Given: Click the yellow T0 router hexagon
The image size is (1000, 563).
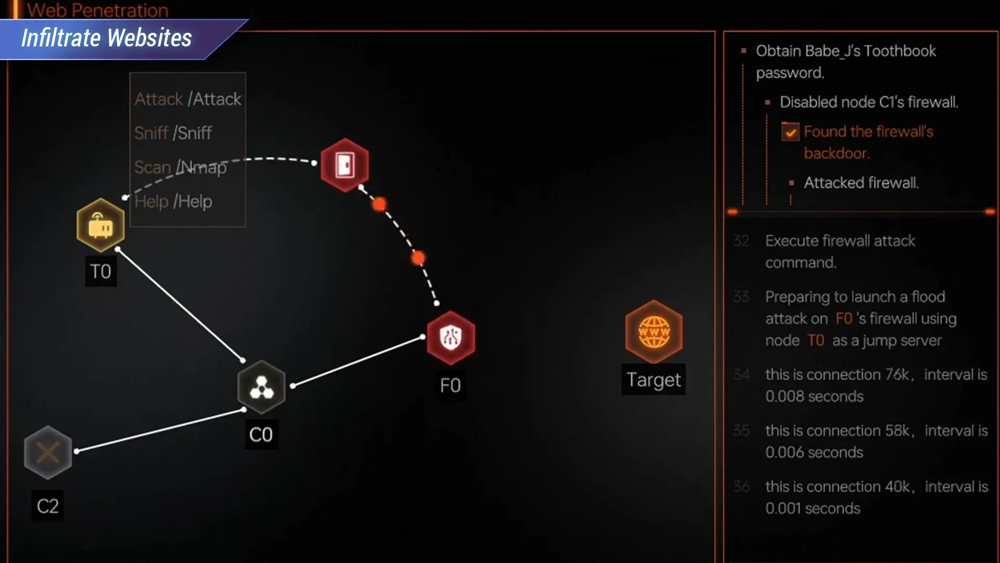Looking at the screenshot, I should click(101, 225).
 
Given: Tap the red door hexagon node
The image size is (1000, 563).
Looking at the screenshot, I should click(345, 165).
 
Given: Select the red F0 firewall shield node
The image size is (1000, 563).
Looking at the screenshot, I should click(451, 338).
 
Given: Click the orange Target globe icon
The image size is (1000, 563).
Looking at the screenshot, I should click(654, 332).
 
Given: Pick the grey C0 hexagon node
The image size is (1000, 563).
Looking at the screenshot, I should click(261, 387).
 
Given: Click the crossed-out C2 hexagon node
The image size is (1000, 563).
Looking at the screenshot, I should click(48, 452).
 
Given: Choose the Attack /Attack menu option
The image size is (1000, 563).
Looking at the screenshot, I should click(187, 99).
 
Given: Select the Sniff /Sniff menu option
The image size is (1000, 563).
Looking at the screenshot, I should click(173, 133).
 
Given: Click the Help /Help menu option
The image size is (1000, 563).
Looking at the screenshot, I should click(173, 201).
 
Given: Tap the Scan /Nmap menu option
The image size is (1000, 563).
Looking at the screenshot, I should click(180, 167).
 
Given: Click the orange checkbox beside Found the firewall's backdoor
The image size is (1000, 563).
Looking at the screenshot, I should click(790, 132).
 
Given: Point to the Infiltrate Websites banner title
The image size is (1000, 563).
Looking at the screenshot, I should click(106, 38).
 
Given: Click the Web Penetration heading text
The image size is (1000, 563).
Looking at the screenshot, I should click(97, 10).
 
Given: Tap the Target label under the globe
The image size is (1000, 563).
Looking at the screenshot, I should click(653, 380).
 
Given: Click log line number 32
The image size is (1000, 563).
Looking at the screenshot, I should click(741, 241).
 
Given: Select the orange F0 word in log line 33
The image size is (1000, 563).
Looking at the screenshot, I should click(844, 319).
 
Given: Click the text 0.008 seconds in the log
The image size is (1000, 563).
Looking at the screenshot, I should click(814, 396).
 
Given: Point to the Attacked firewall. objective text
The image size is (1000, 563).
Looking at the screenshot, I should click(861, 183).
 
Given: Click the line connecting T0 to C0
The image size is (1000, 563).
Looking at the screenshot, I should click(180, 305).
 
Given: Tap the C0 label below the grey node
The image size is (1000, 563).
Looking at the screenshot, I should click(261, 434).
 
